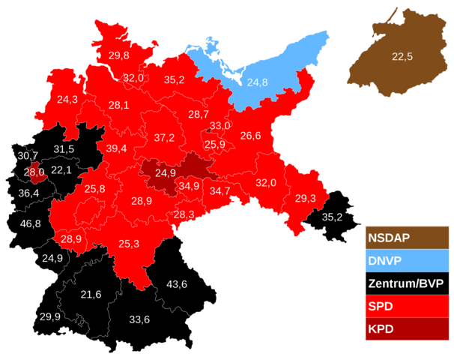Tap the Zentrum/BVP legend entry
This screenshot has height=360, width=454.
tap(405, 283)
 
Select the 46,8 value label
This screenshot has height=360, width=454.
tap(31, 223)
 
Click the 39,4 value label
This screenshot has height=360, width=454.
tap(116, 148)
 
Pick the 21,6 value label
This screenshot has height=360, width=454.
tap(91, 293)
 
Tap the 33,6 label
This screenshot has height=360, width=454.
tap(139, 320)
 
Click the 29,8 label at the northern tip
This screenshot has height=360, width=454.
tap(118, 55)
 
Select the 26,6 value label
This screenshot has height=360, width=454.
tap(250, 136)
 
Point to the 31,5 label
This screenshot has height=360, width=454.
tap(64, 148)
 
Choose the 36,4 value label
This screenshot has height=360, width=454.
tap(28, 193)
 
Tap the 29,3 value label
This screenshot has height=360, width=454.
tap(305, 198)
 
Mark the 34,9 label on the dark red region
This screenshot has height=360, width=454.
tap(189, 186)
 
